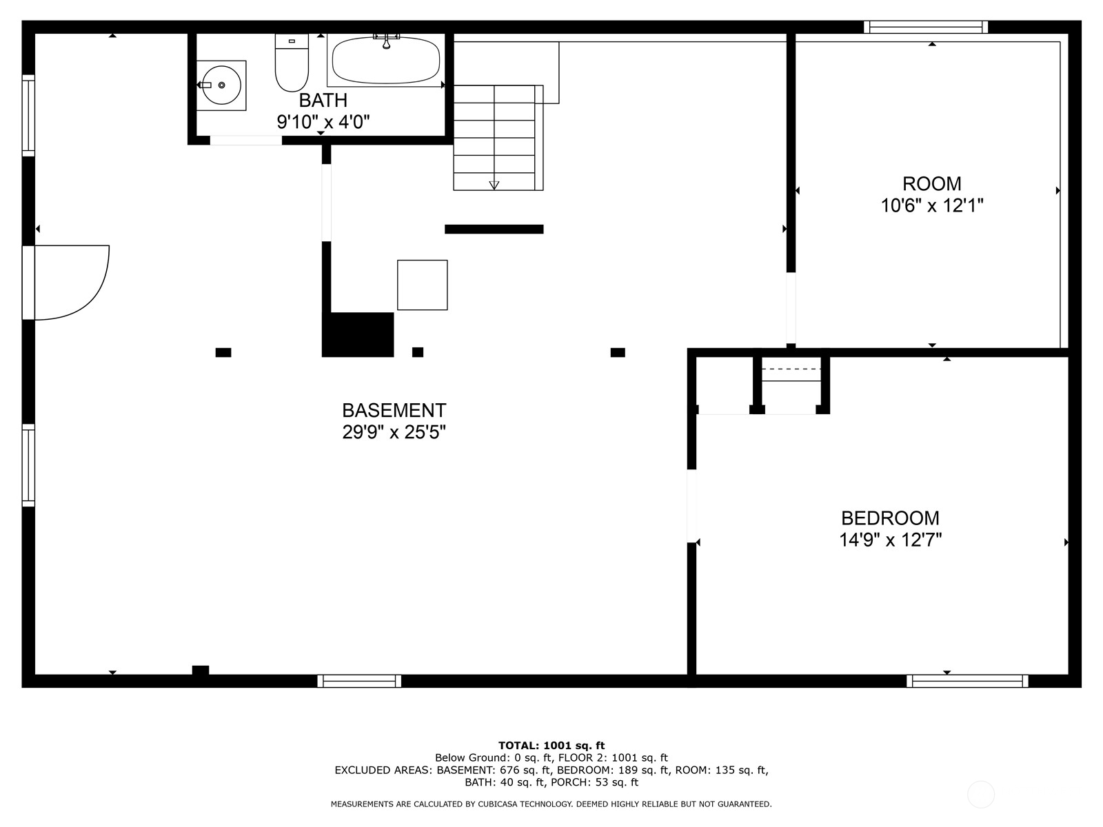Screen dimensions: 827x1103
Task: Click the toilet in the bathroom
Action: pos(291,65)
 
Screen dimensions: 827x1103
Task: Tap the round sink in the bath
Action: pos(221,85)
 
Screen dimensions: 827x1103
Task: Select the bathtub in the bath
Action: pos(385,61)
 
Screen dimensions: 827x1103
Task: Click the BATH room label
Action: pos(323,101)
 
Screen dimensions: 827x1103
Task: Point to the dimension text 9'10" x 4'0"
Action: pos(323,123)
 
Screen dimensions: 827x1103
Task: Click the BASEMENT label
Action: pos(394,411)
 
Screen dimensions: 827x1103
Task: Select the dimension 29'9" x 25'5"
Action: pos(394,433)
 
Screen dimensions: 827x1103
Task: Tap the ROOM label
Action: pos(931,184)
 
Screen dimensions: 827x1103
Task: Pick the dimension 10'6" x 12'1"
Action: pos(931,206)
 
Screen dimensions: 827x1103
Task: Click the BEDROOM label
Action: pos(890,518)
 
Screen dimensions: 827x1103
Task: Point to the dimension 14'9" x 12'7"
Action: pos(890,540)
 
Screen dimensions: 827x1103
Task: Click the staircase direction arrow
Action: pos(494,184)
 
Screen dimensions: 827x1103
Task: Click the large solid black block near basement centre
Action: pos(358,335)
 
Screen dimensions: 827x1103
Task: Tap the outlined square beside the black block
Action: pos(422,285)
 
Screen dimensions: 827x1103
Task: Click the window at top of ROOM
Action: pos(926,27)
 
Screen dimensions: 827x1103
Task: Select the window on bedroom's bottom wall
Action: pos(967,681)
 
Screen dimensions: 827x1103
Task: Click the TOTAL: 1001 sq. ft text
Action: pos(551,745)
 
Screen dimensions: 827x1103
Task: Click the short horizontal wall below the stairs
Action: pos(494,229)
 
